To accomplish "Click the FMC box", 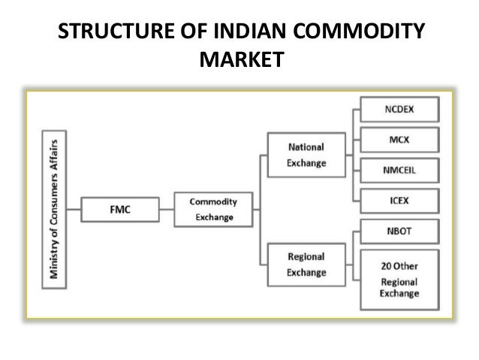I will (119, 208).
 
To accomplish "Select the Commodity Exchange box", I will (213, 210).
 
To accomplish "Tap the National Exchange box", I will (306, 155).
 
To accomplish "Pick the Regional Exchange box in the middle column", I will (306, 264).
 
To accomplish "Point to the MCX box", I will (399, 141).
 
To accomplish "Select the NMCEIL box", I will (399, 170).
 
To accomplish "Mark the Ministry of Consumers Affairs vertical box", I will (54, 208).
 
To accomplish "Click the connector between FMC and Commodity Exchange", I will (167, 209).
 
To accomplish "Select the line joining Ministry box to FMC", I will (73, 208).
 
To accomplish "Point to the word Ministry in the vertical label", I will (54, 260).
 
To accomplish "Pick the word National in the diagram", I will (306, 147).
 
